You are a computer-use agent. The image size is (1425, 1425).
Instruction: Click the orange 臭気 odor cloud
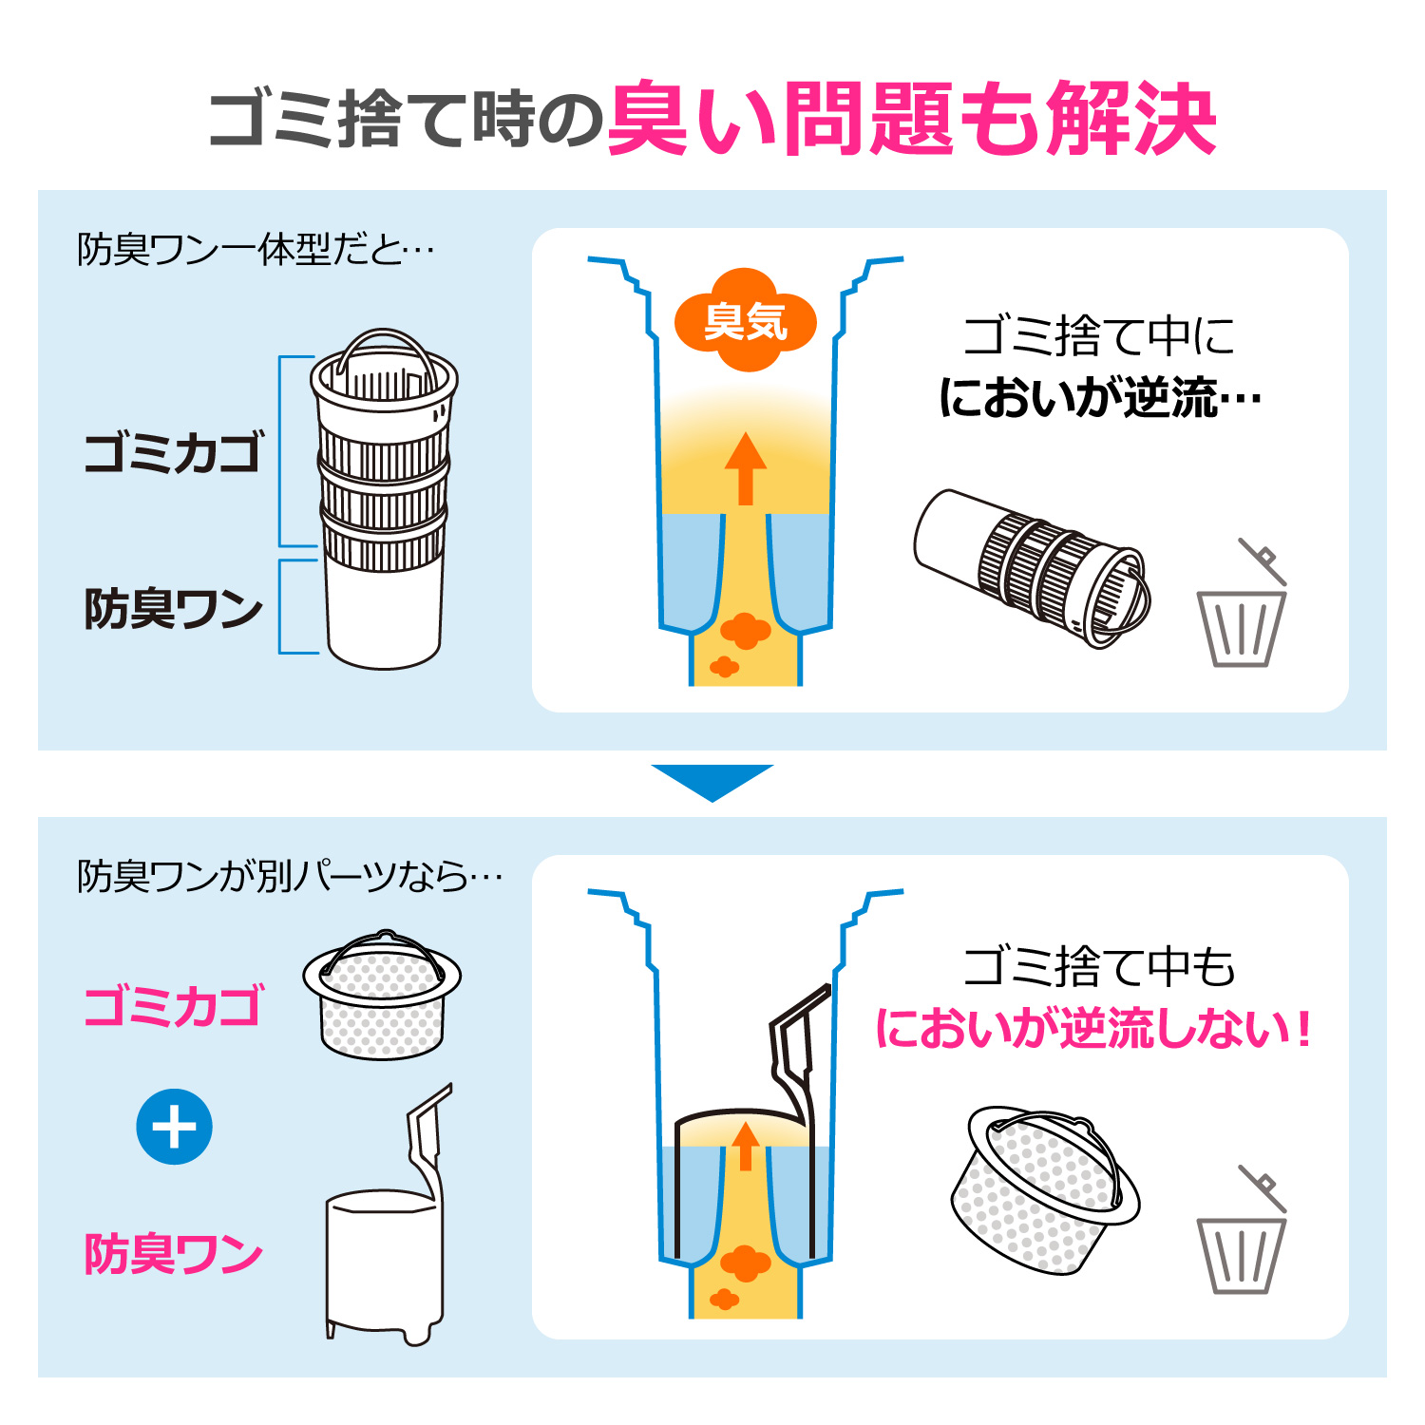tap(746, 320)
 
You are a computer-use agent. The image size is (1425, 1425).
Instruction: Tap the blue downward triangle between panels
tap(712, 782)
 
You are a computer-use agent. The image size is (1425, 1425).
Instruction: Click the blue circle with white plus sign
tap(174, 1127)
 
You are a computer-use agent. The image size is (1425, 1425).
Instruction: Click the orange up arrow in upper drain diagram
tap(746, 467)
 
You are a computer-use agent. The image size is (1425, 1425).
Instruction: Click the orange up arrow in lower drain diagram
tap(746, 1146)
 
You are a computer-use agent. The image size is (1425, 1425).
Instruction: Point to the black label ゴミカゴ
tap(173, 452)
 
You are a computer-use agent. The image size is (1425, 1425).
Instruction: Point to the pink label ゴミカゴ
tap(173, 1006)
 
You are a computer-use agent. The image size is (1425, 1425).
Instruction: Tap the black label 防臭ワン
tap(174, 609)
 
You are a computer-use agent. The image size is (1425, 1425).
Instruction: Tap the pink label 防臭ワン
tap(174, 1254)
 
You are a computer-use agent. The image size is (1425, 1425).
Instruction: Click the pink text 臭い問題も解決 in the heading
tap(912, 119)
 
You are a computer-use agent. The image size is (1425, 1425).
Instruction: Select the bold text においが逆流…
tap(1100, 397)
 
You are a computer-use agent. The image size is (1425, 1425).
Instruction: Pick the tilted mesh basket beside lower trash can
tap(1044, 1189)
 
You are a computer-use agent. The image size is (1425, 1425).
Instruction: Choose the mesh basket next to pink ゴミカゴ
tap(382, 996)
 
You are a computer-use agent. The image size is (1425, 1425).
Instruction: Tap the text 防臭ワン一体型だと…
tap(256, 250)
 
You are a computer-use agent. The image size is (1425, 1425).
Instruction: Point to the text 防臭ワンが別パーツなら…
tap(290, 876)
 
